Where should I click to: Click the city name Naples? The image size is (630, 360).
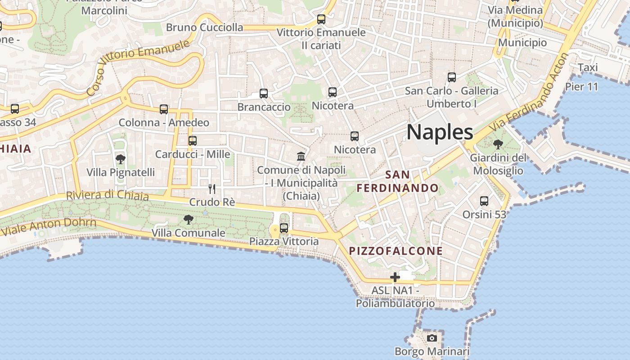(440, 132)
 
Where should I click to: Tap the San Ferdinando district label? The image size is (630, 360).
(398, 181)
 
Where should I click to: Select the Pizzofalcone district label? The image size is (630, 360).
(396, 251)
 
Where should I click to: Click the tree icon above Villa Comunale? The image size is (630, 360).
(189, 220)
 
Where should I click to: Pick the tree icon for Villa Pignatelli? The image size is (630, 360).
(120, 159)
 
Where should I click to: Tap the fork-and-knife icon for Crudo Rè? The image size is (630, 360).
(212, 189)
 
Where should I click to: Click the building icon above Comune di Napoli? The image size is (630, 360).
(301, 156)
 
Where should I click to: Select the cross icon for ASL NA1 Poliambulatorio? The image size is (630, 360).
(395, 277)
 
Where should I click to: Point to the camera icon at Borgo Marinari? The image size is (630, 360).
(432, 338)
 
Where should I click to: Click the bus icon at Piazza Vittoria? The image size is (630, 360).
(284, 228)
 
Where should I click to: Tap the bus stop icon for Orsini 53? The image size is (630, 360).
(484, 201)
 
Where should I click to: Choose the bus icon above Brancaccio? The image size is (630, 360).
(264, 94)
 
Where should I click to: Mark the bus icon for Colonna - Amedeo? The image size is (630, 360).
(164, 109)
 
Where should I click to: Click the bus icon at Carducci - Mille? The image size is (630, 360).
(193, 140)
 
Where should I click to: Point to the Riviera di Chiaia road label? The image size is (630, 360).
(107, 195)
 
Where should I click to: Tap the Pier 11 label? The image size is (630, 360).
(581, 86)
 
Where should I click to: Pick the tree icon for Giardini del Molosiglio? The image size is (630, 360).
(498, 144)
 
